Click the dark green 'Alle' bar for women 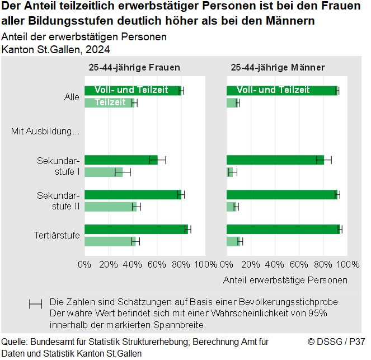point(133,91)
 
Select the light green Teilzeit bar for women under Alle point(109,102)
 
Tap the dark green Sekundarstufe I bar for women point(121,160)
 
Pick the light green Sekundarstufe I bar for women point(104,172)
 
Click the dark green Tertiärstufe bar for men point(283,229)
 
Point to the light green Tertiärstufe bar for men point(233,241)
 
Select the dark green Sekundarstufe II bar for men point(282,195)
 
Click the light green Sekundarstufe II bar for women point(110,207)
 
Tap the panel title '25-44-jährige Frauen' point(134,68)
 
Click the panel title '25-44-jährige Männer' point(278,68)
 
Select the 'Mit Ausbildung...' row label point(45,132)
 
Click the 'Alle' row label point(72,97)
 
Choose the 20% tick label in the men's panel point(251,264)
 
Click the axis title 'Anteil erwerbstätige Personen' point(285,279)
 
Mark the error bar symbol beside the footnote point(35,304)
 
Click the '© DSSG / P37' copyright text point(336,342)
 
